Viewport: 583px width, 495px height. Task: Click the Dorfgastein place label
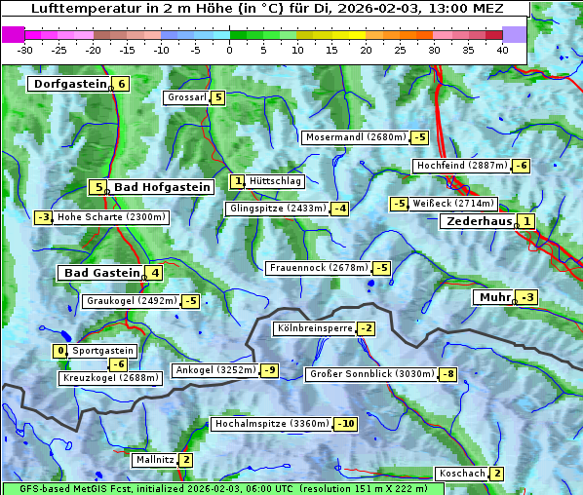click(69, 84)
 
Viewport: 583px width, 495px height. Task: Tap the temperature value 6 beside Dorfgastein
click(121, 84)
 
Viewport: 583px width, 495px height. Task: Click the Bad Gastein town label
click(102, 273)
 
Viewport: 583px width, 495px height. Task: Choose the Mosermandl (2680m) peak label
click(355, 137)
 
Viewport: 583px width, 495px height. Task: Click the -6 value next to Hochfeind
click(522, 166)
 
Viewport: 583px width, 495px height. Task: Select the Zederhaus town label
click(478, 221)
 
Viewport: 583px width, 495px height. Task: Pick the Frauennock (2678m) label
click(318, 268)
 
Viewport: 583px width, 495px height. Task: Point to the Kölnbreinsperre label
click(313, 328)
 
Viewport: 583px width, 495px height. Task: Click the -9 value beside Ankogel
click(268, 370)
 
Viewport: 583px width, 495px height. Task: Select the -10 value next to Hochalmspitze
click(345, 424)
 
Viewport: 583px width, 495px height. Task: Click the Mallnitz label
click(155, 459)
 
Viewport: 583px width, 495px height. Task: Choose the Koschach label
click(462, 474)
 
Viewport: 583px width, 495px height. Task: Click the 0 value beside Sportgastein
click(61, 350)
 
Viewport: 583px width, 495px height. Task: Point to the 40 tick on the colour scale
click(502, 49)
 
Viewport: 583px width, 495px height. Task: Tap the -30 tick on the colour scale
click(25, 49)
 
